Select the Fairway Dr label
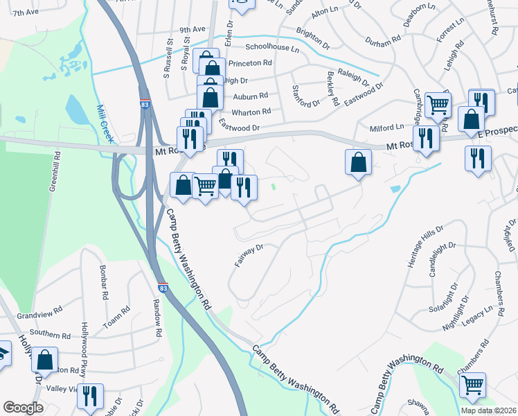(249, 257)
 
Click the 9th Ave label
(193, 29)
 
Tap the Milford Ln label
(390, 127)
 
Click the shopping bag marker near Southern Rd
(45, 359)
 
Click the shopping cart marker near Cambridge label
(438, 105)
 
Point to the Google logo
(24, 408)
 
